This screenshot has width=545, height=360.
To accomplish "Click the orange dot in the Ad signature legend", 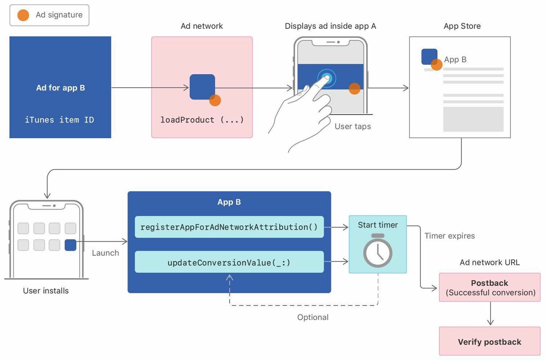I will [x=23, y=15].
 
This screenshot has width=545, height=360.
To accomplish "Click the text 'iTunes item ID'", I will [x=59, y=120].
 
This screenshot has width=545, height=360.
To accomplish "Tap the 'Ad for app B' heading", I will [x=60, y=88].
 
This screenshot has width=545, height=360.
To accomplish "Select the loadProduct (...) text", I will [x=202, y=120].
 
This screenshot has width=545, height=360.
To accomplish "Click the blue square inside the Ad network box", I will [x=201, y=86].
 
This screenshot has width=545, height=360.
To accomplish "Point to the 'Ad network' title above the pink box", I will [x=201, y=26].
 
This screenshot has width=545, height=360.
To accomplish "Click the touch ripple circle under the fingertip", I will [x=326, y=78].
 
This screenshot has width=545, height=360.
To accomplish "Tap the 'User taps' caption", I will [x=353, y=126].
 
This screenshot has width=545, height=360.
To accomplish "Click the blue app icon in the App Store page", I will [x=429, y=57].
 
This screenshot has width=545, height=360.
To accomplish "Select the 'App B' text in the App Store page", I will [x=455, y=59].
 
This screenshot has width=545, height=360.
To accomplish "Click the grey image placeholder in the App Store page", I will [x=473, y=119].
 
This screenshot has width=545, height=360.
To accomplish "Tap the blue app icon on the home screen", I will [x=70, y=245].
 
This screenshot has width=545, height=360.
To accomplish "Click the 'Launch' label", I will [x=105, y=253].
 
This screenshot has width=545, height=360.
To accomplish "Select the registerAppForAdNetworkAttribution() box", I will [x=229, y=227].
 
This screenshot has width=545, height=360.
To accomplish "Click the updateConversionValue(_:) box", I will [x=229, y=262].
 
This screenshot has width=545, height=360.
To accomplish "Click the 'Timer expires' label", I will [x=449, y=236].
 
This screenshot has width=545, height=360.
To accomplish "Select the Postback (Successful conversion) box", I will [x=489, y=288].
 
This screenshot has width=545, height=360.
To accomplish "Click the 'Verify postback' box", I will [x=489, y=342].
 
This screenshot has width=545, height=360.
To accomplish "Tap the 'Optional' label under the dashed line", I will [x=313, y=317].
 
